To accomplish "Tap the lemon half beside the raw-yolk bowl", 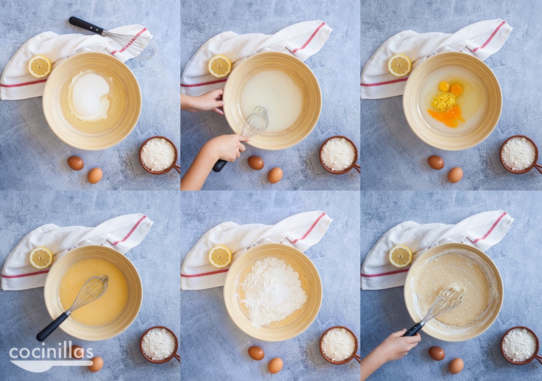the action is (399, 65).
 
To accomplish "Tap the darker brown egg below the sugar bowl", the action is (75, 163).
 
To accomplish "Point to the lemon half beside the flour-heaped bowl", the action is (220, 257).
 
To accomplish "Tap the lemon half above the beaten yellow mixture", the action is (41, 258).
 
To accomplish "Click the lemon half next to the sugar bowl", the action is (39, 66).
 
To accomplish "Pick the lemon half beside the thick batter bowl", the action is (401, 256).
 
